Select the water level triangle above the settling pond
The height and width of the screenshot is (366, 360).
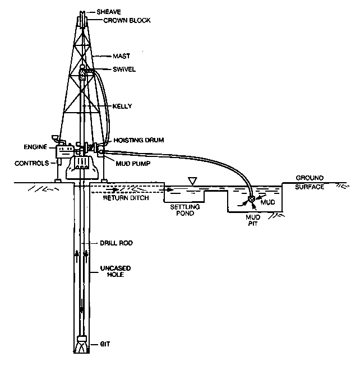pos(193,180)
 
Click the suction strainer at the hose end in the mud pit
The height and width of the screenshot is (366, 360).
pos(252,199)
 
